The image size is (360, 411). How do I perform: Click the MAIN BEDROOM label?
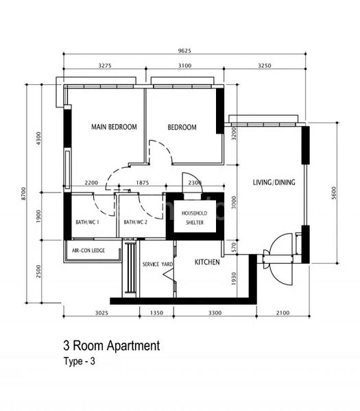[115, 127]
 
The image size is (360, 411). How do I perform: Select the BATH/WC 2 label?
[136, 223]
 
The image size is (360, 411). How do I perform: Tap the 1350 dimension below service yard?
[156, 312]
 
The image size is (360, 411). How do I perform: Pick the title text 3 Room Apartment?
[111, 346]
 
